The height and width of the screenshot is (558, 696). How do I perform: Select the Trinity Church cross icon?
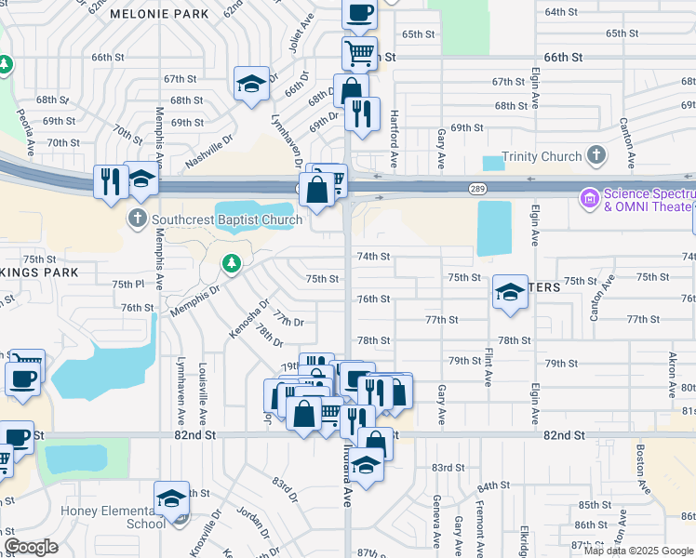(596, 156)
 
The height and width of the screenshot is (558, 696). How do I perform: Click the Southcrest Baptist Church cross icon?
(137, 219)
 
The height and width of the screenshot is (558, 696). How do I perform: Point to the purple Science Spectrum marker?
(589, 197)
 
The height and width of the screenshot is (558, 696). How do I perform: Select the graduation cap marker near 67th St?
(251, 85)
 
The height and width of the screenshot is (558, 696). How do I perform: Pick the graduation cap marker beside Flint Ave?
(509, 292)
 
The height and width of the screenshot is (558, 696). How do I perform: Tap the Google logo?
(32, 547)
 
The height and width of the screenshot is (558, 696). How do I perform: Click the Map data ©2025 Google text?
(639, 551)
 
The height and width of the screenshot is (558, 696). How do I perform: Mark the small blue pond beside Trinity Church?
(493, 163)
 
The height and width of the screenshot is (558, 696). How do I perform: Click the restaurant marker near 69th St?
(362, 113)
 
